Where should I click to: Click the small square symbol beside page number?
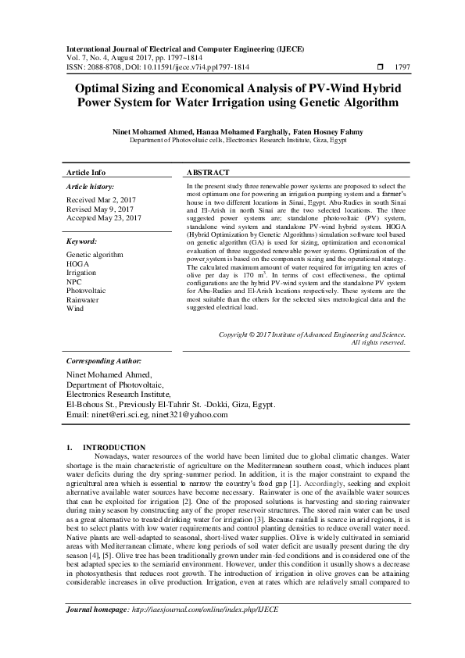pyautogui.click(x=381, y=67)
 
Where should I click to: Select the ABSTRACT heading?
pyautogui.click(x=208, y=172)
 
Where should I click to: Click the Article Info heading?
pyautogui.click(x=86, y=172)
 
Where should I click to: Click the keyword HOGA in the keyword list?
pyautogui.click(x=77, y=263)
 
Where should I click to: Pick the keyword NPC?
pyautogui.click(x=74, y=281)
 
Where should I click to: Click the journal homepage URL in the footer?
pyautogui.click(x=205, y=630)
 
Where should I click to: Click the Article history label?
pyautogui.click(x=91, y=188)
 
